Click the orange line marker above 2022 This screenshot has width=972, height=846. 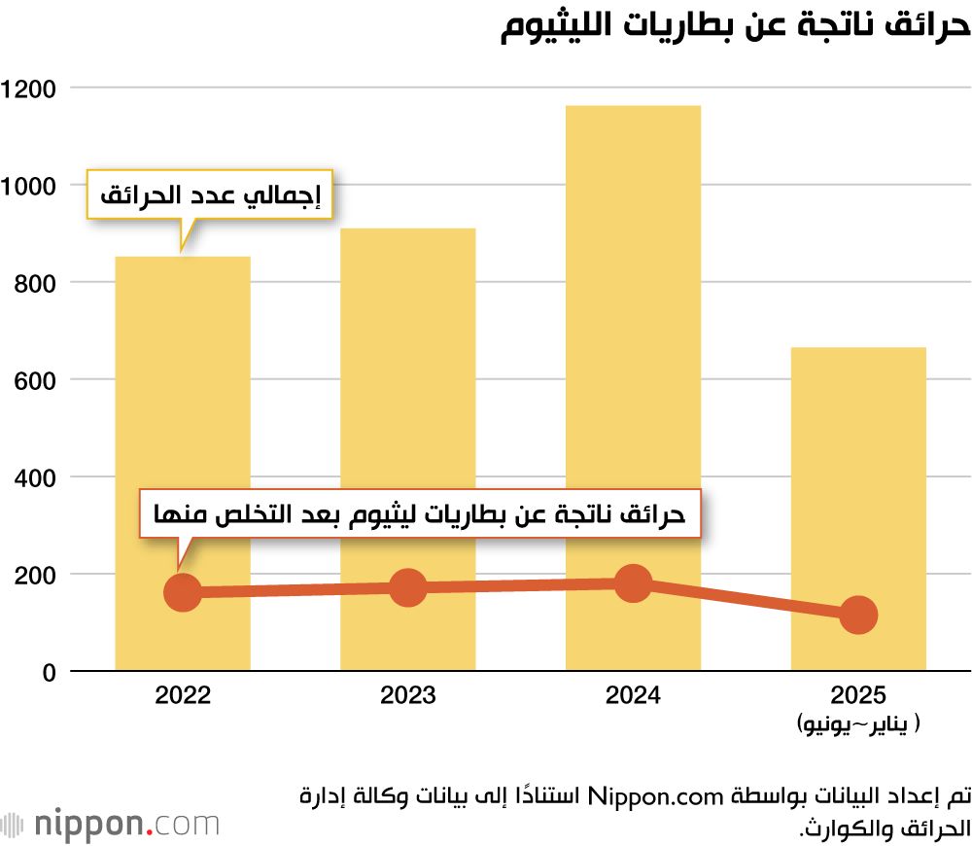(x=183, y=592)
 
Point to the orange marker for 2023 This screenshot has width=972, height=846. (x=408, y=587)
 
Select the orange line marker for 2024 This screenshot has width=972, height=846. (x=633, y=583)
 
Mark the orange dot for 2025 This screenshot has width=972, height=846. (x=858, y=615)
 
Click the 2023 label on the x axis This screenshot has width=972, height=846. (x=408, y=696)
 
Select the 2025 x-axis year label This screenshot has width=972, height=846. (x=858, y=696)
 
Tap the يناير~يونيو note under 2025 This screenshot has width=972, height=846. (x=857, y=724)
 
